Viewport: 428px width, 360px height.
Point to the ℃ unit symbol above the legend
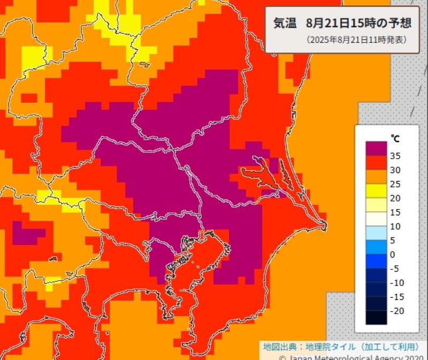tap(394, 139)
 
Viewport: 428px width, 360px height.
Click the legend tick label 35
tap(396, 156)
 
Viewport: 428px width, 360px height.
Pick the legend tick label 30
tap(396, 170)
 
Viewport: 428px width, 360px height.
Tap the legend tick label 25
tap(396, 184)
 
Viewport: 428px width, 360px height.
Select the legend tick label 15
tap(396, 212)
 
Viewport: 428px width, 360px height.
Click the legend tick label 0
tap(393, 254)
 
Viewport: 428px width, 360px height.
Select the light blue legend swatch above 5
tap(376, 233)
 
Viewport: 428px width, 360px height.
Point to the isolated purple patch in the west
tap(27, 234)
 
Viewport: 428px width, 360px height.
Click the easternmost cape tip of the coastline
tap(325, 225)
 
